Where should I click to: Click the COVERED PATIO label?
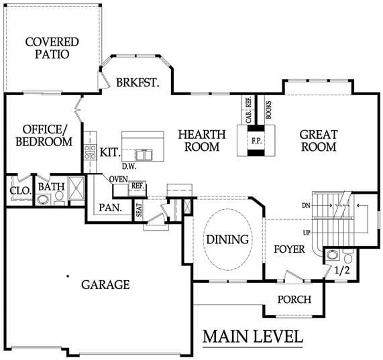[52, 48]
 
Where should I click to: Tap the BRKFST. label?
[138, 82]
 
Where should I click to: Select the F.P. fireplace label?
[257, 141]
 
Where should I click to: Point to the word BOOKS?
[268, 110]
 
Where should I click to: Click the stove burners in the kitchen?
[90, 152]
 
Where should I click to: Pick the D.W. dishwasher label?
[129, 167]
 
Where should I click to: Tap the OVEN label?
[119, 180]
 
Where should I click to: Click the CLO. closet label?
[21, 191]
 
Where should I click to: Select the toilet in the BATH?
[59, 198]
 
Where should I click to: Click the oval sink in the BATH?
[44, 200]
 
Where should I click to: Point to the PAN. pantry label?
[111, 208]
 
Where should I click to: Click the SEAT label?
[139, 210]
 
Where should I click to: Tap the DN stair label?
[306, 206]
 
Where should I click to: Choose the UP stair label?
[307, 233]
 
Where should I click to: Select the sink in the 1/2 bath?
[332, 255]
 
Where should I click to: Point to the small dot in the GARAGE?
[68, 276]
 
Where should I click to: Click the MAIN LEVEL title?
[253, 337]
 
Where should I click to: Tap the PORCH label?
[294, 300]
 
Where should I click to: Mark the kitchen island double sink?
[144, 155]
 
